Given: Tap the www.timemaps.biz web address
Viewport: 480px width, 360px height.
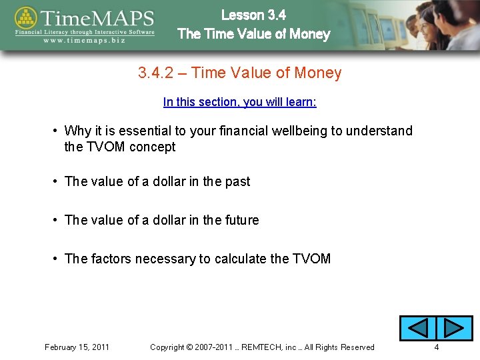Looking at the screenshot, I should [85, 41].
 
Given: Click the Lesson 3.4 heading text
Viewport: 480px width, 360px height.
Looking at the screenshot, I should [253, 15].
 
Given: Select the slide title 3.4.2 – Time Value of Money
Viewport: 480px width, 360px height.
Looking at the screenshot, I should [239, 73].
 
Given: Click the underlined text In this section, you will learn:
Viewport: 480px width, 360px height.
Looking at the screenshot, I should [239, 102].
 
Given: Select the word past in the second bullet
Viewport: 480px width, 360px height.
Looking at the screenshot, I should [238, 181].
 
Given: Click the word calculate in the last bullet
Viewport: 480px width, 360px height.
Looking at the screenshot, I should [240, 259].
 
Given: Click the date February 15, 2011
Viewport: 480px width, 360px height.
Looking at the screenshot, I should [77, 347].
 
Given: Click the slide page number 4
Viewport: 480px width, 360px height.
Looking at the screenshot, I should [437, 347].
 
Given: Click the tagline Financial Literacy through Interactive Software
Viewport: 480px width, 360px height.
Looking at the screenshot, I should [85, 31].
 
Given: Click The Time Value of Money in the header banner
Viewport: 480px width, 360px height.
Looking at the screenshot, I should [253, 34].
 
